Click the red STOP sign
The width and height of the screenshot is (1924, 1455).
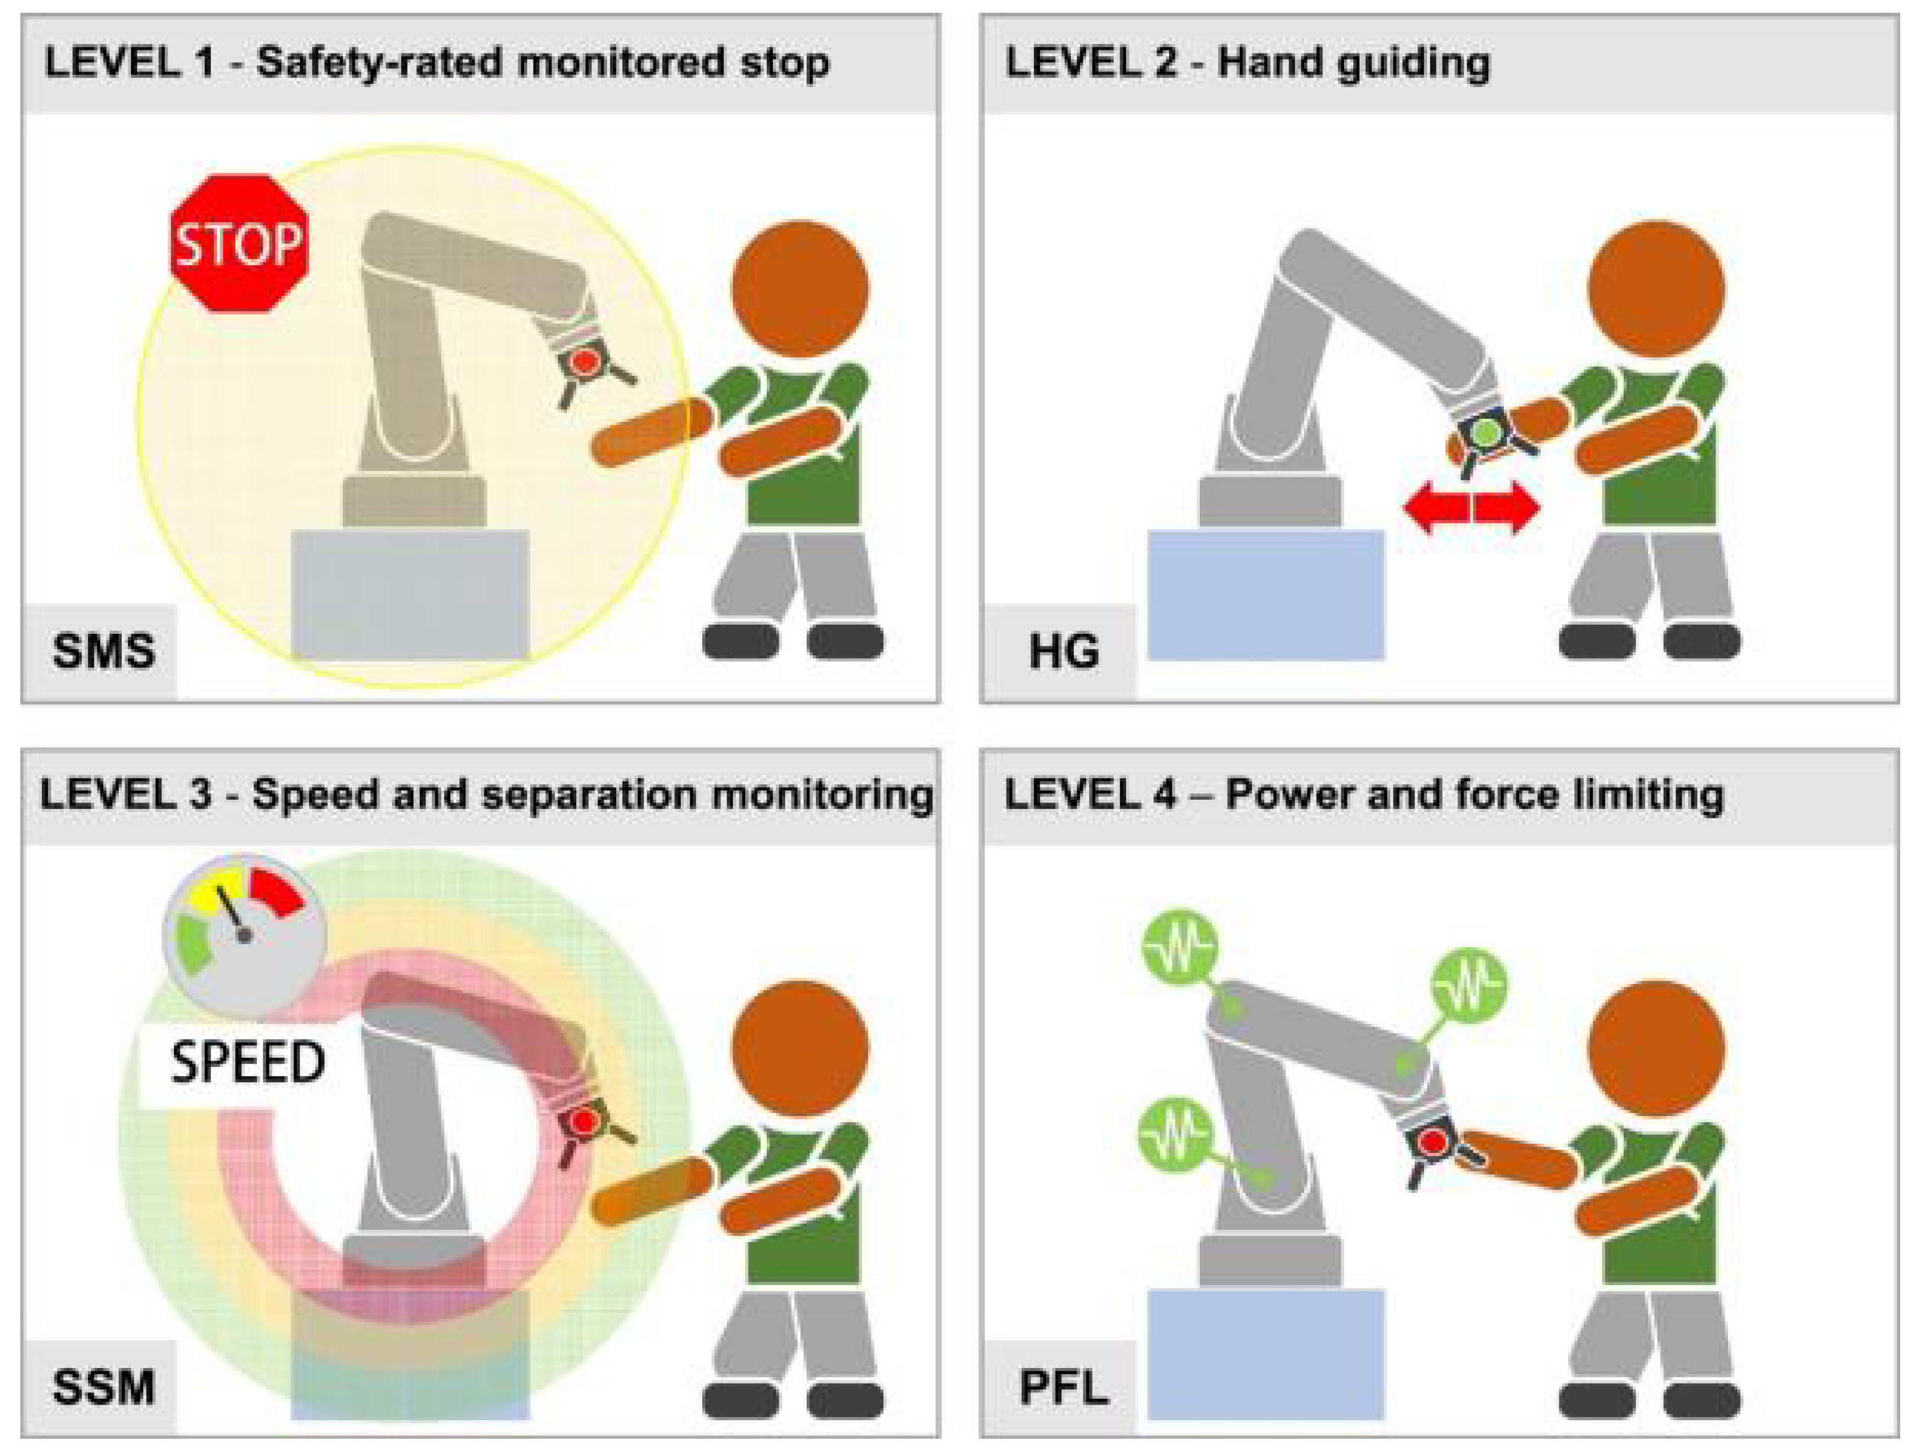click(239, 244)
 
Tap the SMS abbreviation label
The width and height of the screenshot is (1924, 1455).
click(103, 651)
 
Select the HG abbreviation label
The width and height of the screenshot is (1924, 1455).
click(1063, 651)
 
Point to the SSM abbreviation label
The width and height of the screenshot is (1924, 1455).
click(103, 1387)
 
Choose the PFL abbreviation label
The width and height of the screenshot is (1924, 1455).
click(1063, 1387)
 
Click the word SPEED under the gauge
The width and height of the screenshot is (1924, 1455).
click(248, 1063)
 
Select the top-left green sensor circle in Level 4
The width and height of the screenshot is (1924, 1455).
click(1179, 949)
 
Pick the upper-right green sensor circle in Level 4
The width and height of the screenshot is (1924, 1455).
click(1469, 985)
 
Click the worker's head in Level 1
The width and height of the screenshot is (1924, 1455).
click(799, 289)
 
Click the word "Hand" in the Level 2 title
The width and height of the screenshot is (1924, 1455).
click(1261, 63)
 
